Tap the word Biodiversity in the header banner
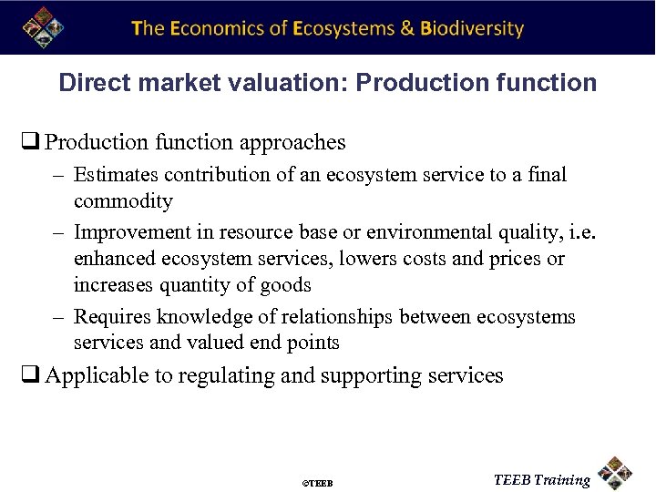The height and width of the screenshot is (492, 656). click(x=472, y=28)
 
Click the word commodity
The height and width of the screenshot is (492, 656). click(x=123, y=200)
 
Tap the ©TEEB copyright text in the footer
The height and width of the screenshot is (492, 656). click(x=317, y=482)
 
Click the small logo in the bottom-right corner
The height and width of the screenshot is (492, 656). click(x=617, y=472)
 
